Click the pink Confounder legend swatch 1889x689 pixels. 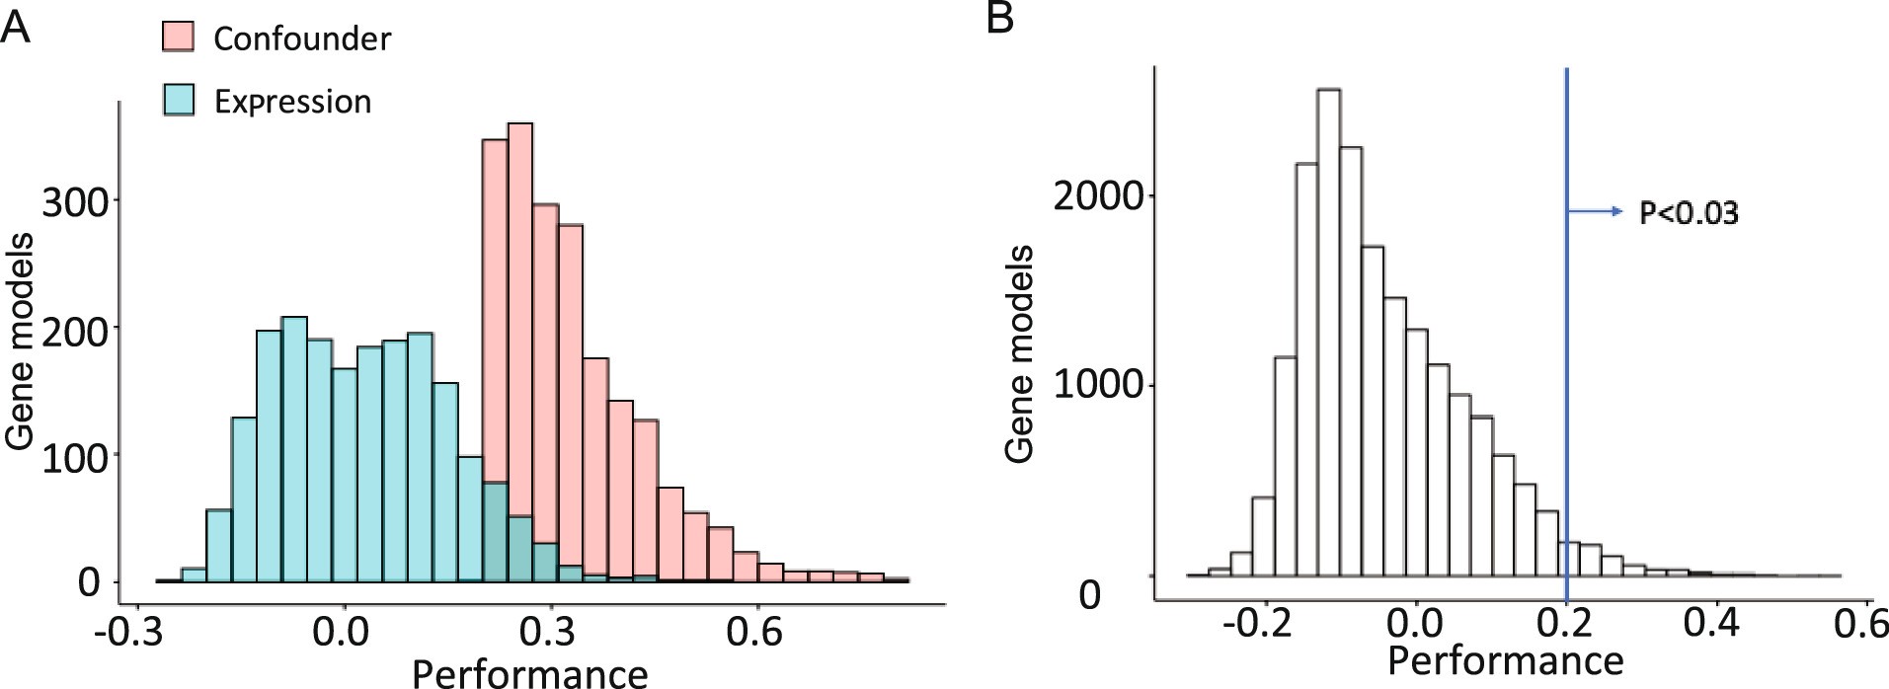click(x=177, y=38)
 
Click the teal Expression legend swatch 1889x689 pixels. click(x=177, y=101)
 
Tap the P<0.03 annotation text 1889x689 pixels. click(x=1688, y=213)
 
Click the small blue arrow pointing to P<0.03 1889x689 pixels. click(x=1595, y=210)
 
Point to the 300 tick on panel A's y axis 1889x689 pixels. click(x=73, y=201)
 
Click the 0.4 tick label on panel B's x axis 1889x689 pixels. click(x=1711, y=624)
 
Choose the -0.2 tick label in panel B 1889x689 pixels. click(x=1256, y=624)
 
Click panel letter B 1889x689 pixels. click(x=999, y=18)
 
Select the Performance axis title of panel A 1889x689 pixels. click(x=529, y=673)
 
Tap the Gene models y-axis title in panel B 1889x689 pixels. click(x=1020, y=353)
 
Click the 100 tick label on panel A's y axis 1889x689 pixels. click(x=73, y=457)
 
